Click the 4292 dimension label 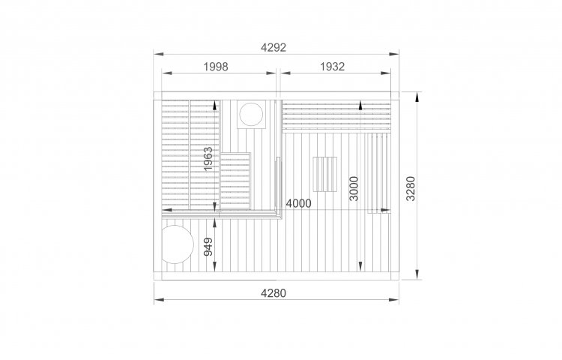point(273,47)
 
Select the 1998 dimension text point(216,67)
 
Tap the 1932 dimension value point(332,67)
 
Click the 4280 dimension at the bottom point(273,293)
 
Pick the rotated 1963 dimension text point(208,158)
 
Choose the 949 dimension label point(208,247)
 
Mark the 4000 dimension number point(298,204)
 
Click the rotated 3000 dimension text point(354,188)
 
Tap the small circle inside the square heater point(251,114)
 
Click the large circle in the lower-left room point(177,244)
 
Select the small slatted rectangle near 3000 point(325,174)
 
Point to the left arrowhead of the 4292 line point(159,54)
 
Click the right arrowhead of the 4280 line point(394,299)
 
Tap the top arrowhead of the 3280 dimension point(417,97)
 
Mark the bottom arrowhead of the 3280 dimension point(417,274)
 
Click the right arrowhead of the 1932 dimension point(386,73)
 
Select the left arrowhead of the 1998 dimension point(166,73)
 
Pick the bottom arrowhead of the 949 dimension point(214,266)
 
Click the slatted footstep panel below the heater point(235,181)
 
